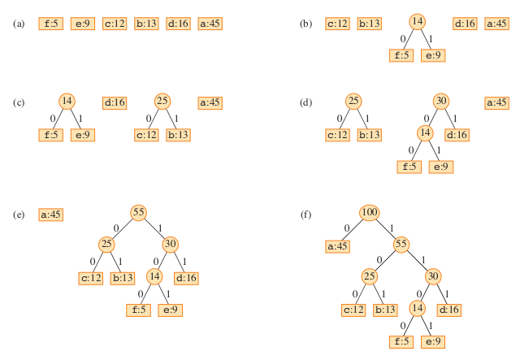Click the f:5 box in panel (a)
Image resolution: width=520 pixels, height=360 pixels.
pyautogui.click(x=50, y=24)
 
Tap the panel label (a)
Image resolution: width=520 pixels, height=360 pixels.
pyautogui.click(x=19, y=24)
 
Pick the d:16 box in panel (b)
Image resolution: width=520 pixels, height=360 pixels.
pyautogui.click(x=465, y=24)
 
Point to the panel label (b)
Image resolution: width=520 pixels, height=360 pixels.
pyautogui.click(x=305, y=24)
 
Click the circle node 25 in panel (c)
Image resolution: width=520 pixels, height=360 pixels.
pyautogui.click(x=162, y=102)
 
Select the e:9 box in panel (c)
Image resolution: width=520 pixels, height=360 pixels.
pyautogui.click(x=82, y=134)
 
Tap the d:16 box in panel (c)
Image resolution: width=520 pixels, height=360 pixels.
pyautogui.click(x=115, y=102)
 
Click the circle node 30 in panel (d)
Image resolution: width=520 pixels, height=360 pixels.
pyautogui.click(x=441, y=102)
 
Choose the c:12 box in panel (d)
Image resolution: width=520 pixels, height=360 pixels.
pyautogui.click(x=337, y=134)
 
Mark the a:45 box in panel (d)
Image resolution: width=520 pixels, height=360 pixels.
pyautogui.click(x=496, y=102)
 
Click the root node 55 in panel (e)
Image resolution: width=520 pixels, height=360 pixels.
pyautogui.click(x=138, y=213)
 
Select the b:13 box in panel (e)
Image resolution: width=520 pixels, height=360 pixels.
pyautogui.click(x=123, y=278)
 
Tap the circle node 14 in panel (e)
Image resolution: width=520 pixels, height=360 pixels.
pyautogui.click(x=154, y=276)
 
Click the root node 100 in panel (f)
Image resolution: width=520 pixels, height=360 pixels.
pyautogui.click(x=370, y=213)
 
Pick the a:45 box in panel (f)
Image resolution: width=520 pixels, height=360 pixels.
pyautogui.click(x=337, y=245)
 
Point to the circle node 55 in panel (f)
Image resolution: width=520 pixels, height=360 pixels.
pyautogui.click(x=401, y=244)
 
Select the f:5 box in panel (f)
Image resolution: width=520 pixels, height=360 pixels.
pyautogui.click(x=401, y=341)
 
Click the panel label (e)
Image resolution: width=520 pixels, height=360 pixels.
pyautogui.click(x=19, y=215)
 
